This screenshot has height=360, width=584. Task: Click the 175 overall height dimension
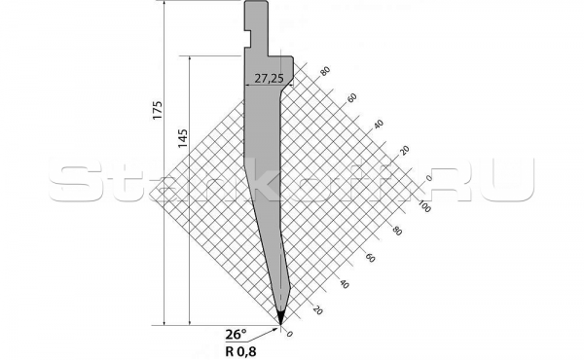pyautogui.click(x=158, y=110)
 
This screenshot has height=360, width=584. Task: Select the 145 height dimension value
pyautogui.click(x=183, y=138)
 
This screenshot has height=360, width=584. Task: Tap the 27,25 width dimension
pyautogui.click(x=269, y=79)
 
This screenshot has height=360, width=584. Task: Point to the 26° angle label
pyautogui.click(x=236, y=334)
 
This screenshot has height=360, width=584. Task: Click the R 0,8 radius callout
pyautogui.click(x=240, y=351)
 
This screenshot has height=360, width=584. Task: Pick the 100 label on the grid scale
pyautogui.click(x=424, y=206)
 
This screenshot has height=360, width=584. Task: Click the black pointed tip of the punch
pyautogui.click(x=280, y=315)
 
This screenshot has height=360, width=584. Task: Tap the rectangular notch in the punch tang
pyautogui.click(x=247, y=37)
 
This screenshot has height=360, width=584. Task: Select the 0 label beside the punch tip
pyautogui.click(x=289, y=334)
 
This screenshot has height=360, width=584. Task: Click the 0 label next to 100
pyautogui.click(x=428, y=178)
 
